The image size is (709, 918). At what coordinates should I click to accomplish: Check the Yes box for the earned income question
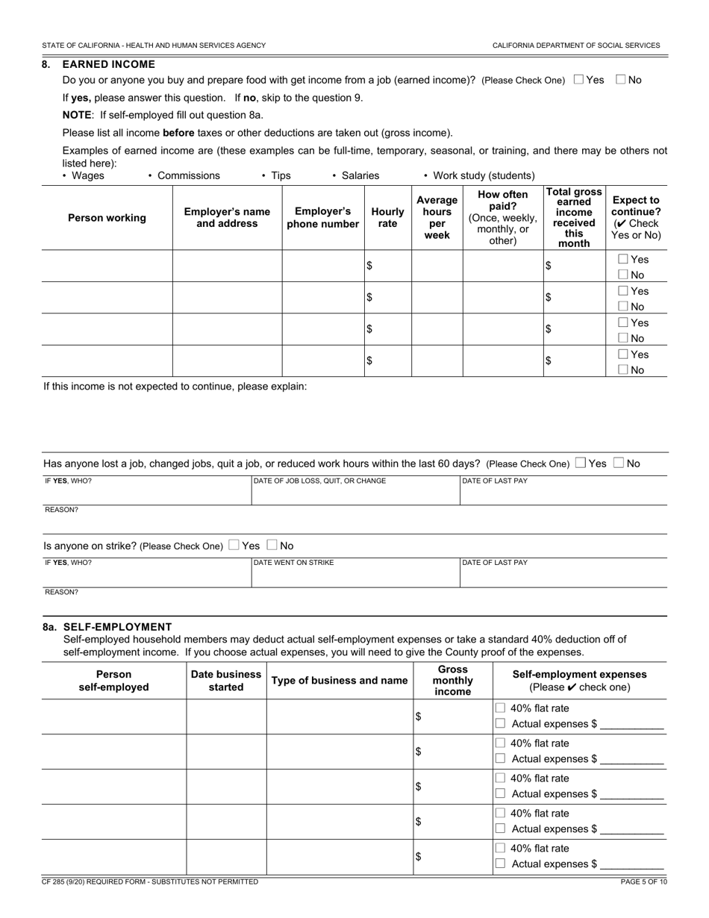(x=578, y=80)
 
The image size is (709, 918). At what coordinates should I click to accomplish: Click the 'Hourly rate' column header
(x=387, y=218)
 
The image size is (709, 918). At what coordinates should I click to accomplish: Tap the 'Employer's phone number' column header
(x=322, y=218)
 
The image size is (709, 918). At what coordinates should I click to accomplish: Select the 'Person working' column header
(x=107, y=218)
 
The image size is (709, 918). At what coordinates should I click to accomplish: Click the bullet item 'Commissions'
(x=188, y=175)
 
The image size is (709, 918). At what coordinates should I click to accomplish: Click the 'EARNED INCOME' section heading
(x=109, y=64)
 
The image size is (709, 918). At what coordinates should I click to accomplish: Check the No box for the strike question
(x=272, y=546)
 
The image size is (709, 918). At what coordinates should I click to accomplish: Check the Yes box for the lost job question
(x=581, y=463)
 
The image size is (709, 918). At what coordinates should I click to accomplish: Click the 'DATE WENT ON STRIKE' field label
(x=293, y=563)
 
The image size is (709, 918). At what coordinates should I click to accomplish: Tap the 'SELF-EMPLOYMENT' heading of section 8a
(x=118, y=627)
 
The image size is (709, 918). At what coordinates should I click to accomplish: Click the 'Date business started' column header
(x=226, y=681)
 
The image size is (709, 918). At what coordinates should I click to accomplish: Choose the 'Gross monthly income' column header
(x=452, y=681)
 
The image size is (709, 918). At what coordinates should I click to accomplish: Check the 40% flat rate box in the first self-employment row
(x=501, y=708)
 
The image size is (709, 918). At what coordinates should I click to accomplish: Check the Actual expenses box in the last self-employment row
(x=501, y=864)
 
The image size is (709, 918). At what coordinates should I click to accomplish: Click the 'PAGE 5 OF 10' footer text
(x=643, y=881)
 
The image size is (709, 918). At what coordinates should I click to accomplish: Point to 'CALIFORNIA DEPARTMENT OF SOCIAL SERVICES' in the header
(x=575, y=46)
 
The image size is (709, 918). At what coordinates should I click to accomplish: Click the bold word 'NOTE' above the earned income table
(x=77, y=115)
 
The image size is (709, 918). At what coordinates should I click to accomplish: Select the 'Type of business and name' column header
(x=340, y=681)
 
